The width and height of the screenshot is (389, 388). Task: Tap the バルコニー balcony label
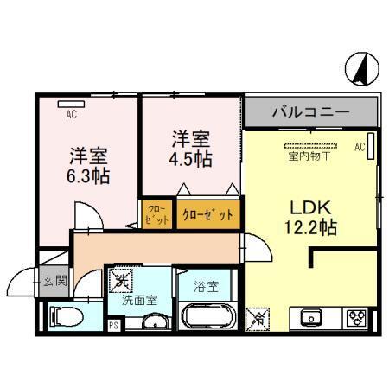click(x=310, y=111)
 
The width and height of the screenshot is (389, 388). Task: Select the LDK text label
click(x=308, y=207)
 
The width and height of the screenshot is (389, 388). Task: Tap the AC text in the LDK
click(x=359, y=148)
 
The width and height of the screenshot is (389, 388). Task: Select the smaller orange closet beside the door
click(x=156, y=213)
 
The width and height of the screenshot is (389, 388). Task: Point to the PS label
click(x=112, y=326)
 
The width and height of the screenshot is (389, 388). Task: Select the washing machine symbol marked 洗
click(x=121, y=280)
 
